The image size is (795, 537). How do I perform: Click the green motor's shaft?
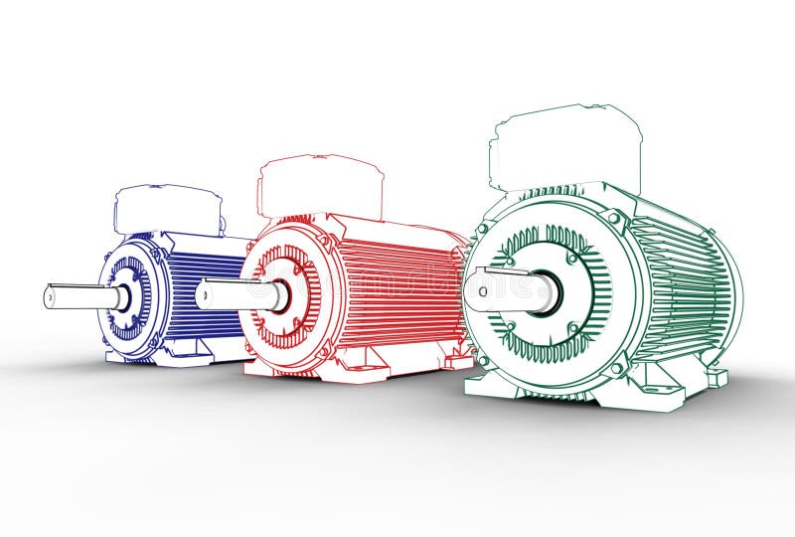point(512,289)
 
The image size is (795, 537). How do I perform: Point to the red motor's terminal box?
point(320,186)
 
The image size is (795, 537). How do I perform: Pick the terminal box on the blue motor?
point(167,208)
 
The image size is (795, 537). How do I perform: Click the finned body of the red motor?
point(397,288)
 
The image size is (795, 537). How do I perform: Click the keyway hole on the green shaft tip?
point(481,290)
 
